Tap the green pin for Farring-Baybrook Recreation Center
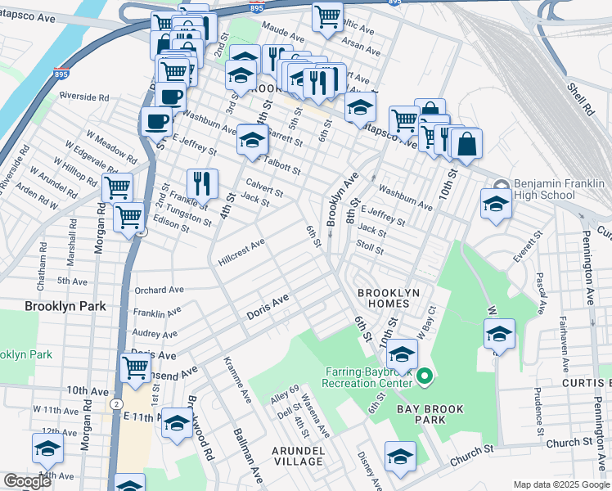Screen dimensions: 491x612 pyautogui.click(x=424, y=376)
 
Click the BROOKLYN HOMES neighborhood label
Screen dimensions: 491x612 pyautogui.click(x=388, y=299)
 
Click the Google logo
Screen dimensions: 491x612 pyautogui.click(x=27, y=481)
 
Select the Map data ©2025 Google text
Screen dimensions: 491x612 pyautogui.click(x=561, y=484)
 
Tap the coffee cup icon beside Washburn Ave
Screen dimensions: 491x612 pyautogui.click(x=155, y=122)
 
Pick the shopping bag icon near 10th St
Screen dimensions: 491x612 pyautogui.click(x=466, y=144)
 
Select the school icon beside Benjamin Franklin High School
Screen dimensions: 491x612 pyautogui.click(x=496, y=204)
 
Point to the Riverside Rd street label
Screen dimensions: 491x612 pyautogui.click(x=83, y=97)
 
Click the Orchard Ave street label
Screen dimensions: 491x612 pyautogui.click(x=159, y=290)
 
